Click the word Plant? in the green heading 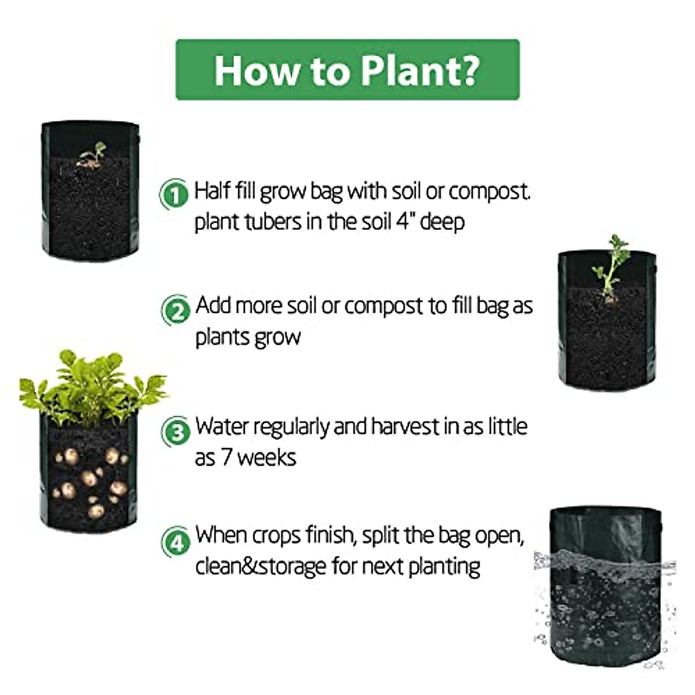pyautogui.click(x=420, y=71)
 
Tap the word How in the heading pyautogui.click(x=257, y=71)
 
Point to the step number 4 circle pyautogui.click(x=175, y=542)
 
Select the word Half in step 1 pyautogui.click(x=212, y=191)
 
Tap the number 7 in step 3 pyautogui.click(x=228, y=458)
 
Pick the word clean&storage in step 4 pyautogui.click(x=261, y=566)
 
